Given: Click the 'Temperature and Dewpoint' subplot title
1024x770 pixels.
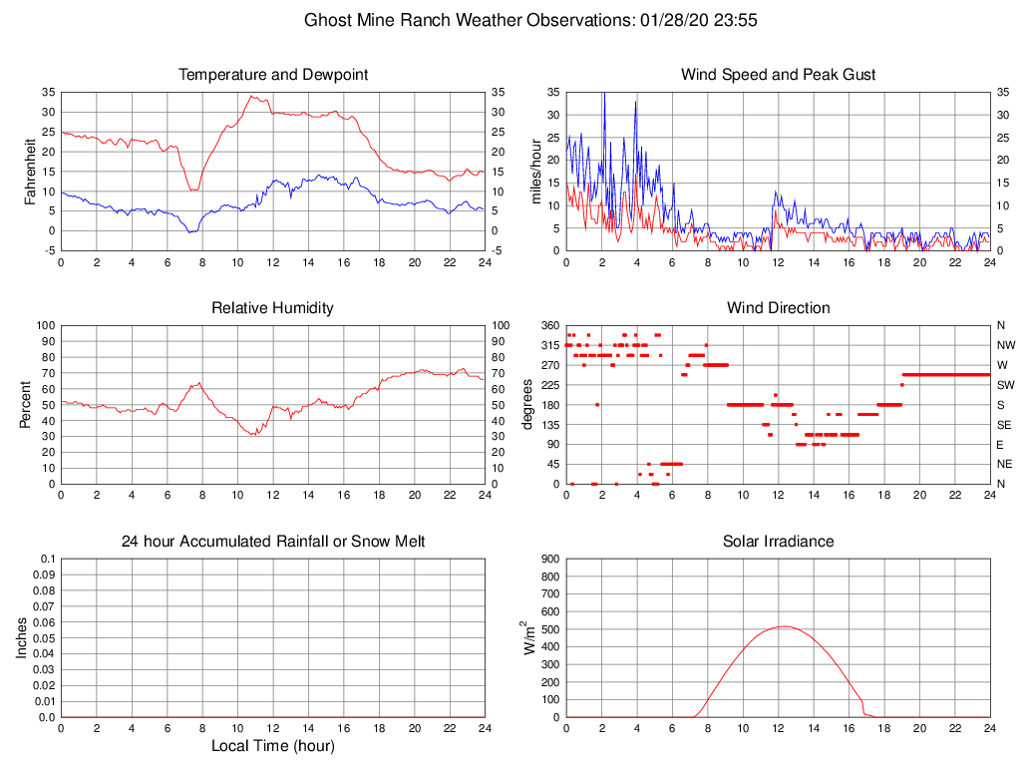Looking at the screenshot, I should click(x=272, y=75).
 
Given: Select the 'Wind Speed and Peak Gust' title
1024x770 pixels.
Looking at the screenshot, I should click(x=778, y=75).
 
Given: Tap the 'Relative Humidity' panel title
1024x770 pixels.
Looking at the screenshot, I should click(x=272, y=308).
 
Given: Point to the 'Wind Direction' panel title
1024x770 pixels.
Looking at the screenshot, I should click(x=778, y=308).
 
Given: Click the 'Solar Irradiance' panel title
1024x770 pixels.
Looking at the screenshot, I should click(x=778, y=542).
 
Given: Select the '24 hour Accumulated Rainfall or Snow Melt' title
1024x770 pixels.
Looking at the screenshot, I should click(x=272, y=542).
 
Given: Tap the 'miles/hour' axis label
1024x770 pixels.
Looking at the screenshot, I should click(x=535, y=171).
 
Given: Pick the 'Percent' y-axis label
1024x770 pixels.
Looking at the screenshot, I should click(x=26, y=404).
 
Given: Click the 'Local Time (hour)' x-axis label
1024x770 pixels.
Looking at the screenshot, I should click(x=272, y=746).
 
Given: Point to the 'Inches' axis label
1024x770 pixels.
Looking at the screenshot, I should click(x=22, y=637).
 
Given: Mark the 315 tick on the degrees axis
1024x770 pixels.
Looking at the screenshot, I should click(x=547, y=345).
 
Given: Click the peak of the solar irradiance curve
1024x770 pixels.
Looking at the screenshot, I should click(x=784, y=626).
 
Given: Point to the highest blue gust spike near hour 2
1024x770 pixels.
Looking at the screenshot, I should click(x=603, y=94).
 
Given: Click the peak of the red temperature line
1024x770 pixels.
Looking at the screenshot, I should click(x=253, y=96).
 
